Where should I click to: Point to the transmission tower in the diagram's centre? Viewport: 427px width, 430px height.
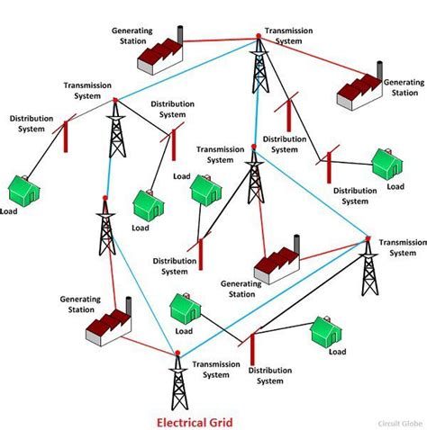[253, 184]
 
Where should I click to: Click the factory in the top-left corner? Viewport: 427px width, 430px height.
[159, 55]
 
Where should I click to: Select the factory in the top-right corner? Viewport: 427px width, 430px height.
[359, 86]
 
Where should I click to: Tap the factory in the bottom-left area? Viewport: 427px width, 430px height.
[107, 325]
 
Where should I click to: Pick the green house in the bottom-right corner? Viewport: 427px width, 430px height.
[324, 332]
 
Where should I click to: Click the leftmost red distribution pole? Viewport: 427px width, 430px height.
[64, 136]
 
